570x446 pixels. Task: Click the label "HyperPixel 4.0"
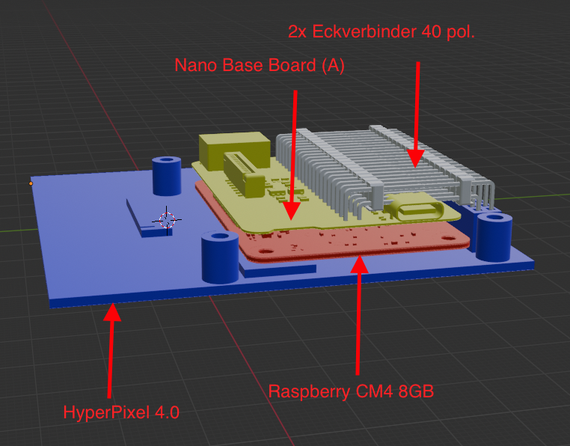121,412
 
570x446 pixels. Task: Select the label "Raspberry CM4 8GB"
351,391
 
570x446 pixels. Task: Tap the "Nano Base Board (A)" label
259,65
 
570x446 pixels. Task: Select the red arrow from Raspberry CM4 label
359,314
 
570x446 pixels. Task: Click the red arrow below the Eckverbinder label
416,112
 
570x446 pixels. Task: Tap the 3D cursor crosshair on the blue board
166,219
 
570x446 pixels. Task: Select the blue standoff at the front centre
219,258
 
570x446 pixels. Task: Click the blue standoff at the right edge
493,236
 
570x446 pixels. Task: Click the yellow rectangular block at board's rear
234,150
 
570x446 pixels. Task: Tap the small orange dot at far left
31,183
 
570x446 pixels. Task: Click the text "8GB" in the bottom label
415,391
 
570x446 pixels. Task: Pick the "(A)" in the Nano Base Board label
331,65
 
